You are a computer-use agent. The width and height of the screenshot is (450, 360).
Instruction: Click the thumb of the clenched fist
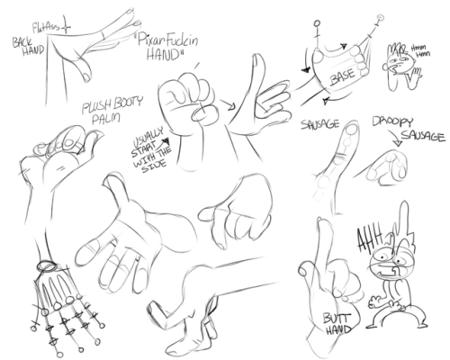203,115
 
